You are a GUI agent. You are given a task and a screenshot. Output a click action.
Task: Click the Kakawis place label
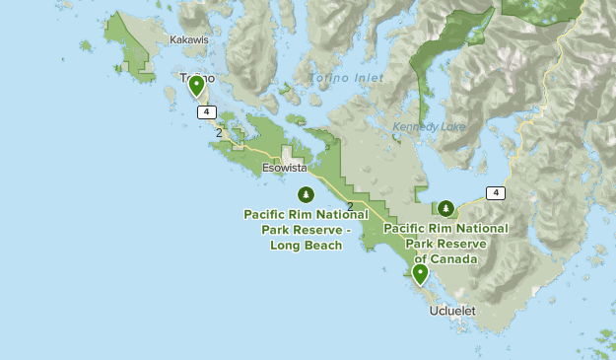tap(189, 40)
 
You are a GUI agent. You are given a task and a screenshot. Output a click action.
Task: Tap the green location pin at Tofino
tap(196, 87)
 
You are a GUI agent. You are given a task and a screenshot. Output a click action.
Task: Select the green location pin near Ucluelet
tap(421, 274)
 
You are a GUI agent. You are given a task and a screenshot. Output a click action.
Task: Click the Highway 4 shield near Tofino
tap(206, 111)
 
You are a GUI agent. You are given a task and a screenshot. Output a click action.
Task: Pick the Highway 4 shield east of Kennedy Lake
tap(495, 192)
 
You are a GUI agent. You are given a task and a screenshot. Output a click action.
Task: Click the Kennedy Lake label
tap(426, 126)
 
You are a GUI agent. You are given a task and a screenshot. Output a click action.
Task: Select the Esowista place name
tap(285, 168)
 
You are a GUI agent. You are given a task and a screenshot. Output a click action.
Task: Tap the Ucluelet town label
tap(452, 311)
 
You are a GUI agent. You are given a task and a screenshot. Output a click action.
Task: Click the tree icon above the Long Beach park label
tap(306, 193)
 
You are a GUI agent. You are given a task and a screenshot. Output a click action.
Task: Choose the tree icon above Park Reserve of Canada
tap(446, 208)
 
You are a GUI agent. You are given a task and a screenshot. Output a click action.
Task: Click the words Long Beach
tap(306, 246)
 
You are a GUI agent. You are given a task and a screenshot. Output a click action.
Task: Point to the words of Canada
tap(445, 259)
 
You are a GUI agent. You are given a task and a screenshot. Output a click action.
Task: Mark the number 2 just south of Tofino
tap(219, 133)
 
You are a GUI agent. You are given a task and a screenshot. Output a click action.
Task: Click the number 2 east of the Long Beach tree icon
tap(351, 206)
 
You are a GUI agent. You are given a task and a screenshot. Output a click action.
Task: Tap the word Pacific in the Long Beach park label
tap(268, 214)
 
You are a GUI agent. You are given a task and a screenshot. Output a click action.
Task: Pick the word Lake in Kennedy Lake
tap(445, 126)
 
